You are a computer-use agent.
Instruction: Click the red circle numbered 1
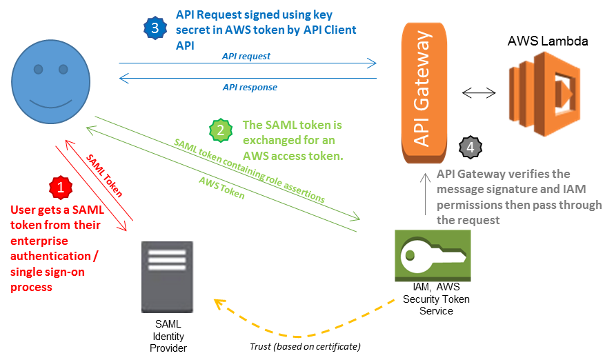point(61,187)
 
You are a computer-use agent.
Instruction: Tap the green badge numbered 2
point(221,129)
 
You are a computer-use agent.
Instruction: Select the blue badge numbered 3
point(155,28)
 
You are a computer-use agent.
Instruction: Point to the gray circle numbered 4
point(471,147)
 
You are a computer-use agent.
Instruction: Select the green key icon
point(433,256)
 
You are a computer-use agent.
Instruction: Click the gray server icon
point(168,277)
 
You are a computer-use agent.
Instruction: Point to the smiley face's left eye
point(39,69)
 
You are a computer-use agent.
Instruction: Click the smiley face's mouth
point(50,106)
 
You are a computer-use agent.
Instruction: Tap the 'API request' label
point(246,56)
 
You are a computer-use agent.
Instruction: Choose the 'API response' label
point(249,88)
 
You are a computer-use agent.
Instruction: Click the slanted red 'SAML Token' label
point(104,175)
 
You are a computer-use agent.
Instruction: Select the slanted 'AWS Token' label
point(221,188)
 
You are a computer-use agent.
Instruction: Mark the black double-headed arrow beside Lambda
point(479,92)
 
